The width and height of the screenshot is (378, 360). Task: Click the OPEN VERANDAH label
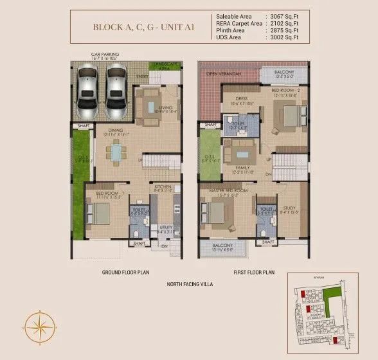(223, 73)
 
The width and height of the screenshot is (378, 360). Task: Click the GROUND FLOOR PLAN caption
(125, 273)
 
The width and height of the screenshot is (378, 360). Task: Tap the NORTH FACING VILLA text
(190, 283)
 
